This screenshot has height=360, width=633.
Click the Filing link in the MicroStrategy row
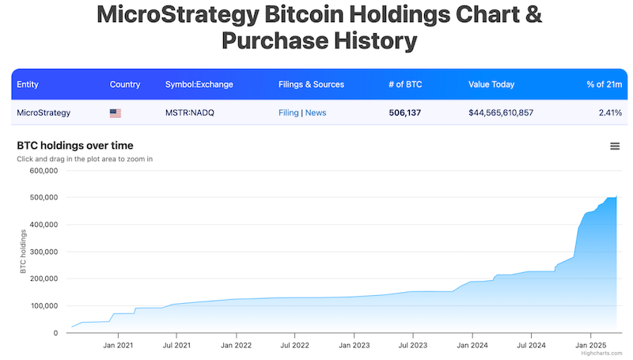click(288, 113)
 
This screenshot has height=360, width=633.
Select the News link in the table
click(316, 113)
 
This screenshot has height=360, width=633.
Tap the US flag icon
click(116, 113)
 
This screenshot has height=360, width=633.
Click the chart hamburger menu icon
click(615, 146)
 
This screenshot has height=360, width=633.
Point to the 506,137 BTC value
click(405, 113)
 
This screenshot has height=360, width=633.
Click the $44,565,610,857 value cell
click(501, 113)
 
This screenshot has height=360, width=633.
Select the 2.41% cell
click(610, 113)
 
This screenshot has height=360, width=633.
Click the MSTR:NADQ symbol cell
click(190, 113)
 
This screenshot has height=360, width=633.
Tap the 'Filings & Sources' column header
click(311, 85)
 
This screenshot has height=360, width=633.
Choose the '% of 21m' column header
click(604, 85)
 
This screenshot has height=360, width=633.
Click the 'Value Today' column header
click(491, 85)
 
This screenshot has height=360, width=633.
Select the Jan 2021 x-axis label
click(117, 346)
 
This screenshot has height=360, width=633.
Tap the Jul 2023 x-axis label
click(414, 346)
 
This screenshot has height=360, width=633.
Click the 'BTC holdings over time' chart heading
click(74, 146)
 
